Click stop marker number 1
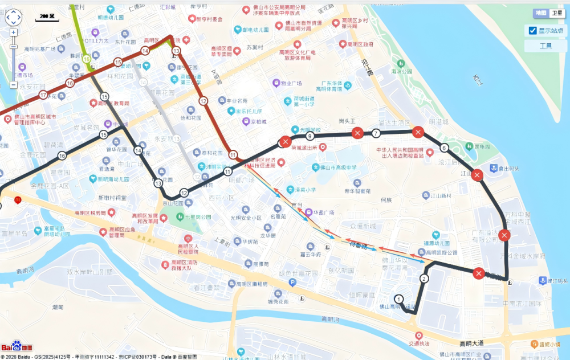(398, 298)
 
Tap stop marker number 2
(424, 279)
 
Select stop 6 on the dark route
(444, 148)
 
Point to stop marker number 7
(376, 134)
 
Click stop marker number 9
(310, 137)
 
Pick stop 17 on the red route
(43, 95)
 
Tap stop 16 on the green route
(87, 59)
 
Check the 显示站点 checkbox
(532, 30)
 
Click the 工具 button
(545, 46)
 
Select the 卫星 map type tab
(557, 13)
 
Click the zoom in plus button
(13, 32)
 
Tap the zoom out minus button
(13, 85)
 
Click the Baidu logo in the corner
(17, 347)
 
